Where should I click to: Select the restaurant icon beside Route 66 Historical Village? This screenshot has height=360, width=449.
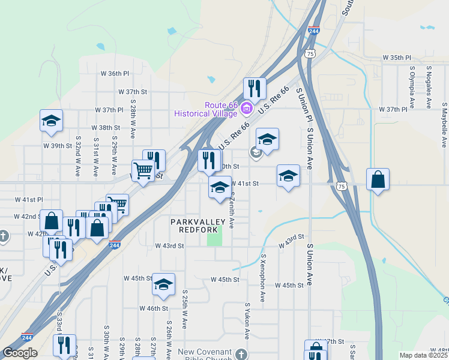point(255,88)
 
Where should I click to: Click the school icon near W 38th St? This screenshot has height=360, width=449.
point(52,120)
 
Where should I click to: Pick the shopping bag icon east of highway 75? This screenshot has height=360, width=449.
point(378,179)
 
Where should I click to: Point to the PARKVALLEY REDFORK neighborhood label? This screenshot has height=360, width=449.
point(197,226)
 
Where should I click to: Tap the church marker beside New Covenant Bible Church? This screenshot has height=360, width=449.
point(241,354)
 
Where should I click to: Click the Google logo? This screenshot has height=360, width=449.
point(20,353)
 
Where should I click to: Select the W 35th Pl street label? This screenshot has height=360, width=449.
point(396,58)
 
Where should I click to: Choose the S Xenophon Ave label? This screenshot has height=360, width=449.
point(263,277)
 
